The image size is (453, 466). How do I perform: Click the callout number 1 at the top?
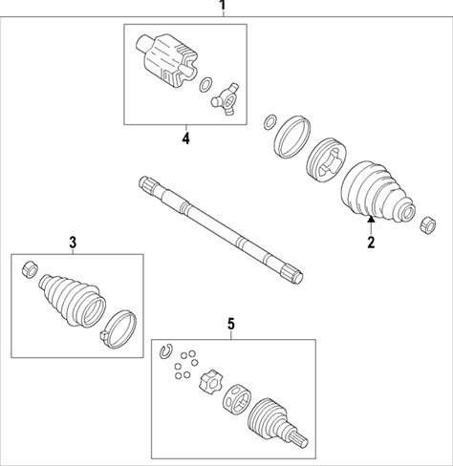223,5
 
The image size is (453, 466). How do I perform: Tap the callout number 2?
371,243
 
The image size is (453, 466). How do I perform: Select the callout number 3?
73,243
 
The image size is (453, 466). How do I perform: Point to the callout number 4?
185,138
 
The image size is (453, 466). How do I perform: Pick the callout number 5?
231,324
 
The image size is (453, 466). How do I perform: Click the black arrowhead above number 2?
371,219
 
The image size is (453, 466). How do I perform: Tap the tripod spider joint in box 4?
226,98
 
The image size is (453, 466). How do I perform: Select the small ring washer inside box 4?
205,84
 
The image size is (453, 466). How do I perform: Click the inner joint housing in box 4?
167,59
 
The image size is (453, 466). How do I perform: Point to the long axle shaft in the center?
221,229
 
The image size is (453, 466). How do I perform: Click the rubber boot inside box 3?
73,300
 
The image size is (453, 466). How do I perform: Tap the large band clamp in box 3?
119,328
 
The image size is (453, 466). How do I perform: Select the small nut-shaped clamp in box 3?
30,269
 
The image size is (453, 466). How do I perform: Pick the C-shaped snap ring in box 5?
165,351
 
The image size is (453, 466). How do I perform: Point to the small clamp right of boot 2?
428,225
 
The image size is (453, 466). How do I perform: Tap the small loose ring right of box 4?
270,122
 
